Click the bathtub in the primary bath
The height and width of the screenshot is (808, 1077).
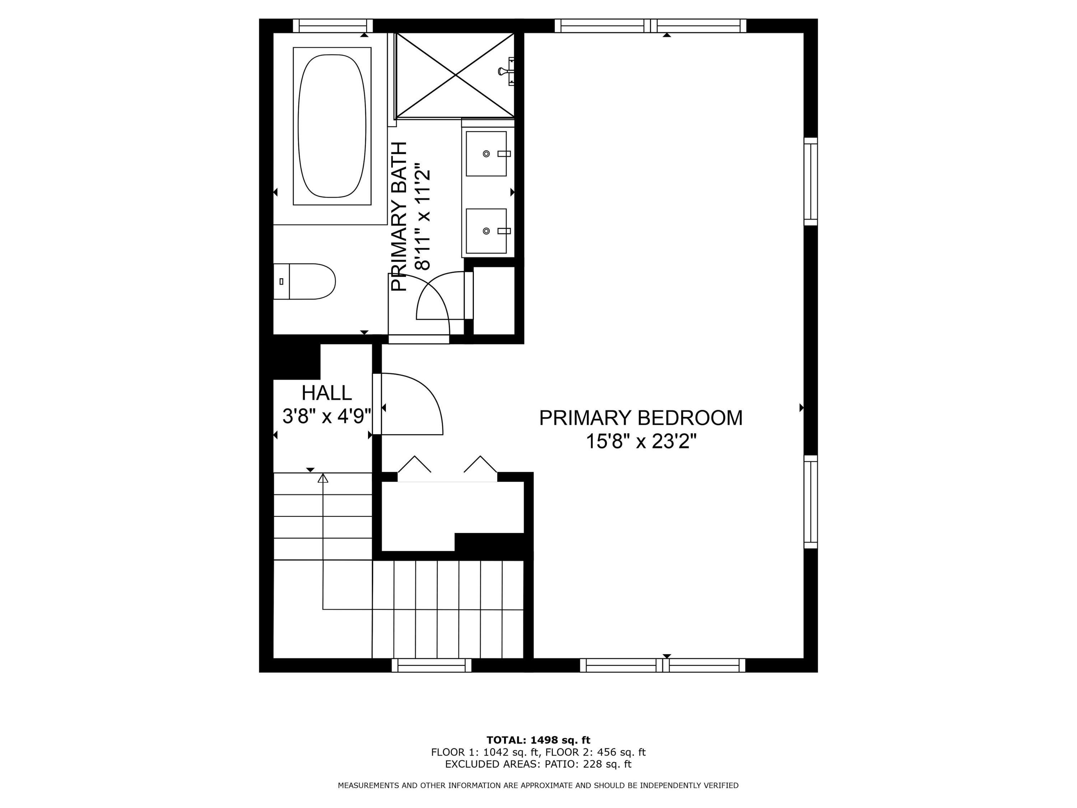click(x=332, y=126)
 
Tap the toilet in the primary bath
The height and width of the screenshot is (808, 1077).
click(x=304, y=282)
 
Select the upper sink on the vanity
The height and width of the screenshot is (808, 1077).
click(x=486, y=153)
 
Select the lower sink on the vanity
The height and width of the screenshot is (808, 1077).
click(x=486, y=231)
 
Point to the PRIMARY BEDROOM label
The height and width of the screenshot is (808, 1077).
click(x=641, y=418)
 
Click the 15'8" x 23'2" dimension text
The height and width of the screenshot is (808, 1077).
click(x=641, y=442)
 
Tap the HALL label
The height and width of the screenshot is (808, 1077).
click(x=326, y=393)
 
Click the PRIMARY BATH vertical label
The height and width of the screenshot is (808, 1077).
click(x=399, y=217)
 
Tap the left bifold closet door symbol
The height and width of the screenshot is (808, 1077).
click(x=414, y=464)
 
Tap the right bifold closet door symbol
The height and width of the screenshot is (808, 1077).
click(x=481, y=464)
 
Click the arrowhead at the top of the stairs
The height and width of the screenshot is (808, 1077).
click(x=323, y=478)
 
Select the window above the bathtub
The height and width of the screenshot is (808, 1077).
click(x=332, y=26)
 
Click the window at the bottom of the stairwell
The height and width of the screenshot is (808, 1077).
click(x=432, y=665)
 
